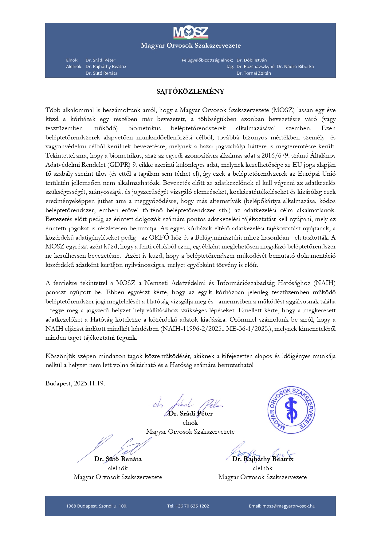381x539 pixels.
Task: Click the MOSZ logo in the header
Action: [x=190, y=33]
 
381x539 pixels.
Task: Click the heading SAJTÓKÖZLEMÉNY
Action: [x=190, y=92]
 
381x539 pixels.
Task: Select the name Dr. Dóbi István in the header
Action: [x=252, y=60]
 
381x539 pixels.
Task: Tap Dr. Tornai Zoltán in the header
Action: [x=254, y=73]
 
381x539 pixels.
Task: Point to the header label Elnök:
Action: [x=72, y=60]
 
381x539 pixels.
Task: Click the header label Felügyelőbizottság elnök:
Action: [x=207, y=60]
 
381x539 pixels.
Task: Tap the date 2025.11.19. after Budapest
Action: [x=89, y=384]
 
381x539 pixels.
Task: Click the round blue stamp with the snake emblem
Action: [x=291, y=410]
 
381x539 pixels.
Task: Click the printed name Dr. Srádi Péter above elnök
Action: [x=190, y=414]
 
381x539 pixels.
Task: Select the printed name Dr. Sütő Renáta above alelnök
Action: [x=118, y=459]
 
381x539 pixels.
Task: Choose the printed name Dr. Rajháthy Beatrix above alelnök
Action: [x=263, y=459]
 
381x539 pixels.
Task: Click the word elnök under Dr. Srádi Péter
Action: [x=190, y=423]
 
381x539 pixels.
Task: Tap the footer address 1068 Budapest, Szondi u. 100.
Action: [x=96, y=506]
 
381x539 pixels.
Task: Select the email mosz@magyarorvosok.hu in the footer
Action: [x=289, y=506]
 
